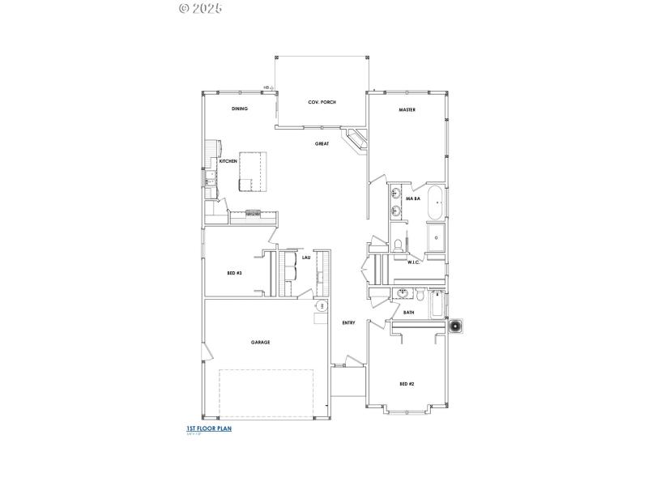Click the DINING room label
(x=239, y=109)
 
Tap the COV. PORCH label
(x=322, y=102)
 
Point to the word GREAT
(x=322, y=143)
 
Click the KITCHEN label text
(x=228, y=161)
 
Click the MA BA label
(x=412, y=198)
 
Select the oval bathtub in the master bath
(x=436, y=202)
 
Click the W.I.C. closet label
(x=413, y=262)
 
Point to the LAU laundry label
(x=306, y=258)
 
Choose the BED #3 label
(x=234, y=274)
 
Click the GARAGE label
(x=260, y=342)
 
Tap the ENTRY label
(x=348, y=322)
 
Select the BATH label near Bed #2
(x=408, y=312)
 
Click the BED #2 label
(x=407, y=383)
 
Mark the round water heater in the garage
(x=322, y=306)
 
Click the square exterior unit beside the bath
(x=457, y=326)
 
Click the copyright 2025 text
(x=199, y=8)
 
